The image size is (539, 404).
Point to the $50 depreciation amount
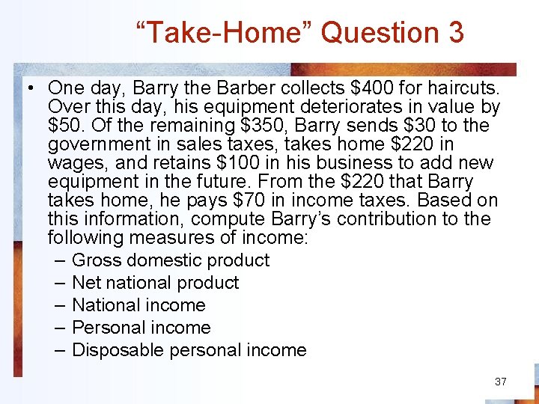click(x=64, y=126)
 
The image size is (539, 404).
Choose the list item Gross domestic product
click(x=171, y=260)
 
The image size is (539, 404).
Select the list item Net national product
click(x=155, y=283)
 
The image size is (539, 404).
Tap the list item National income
click(x=138, y=305)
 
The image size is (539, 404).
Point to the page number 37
click(x=501, y=382)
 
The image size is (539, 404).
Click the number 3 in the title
click(x=456, y=33)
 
